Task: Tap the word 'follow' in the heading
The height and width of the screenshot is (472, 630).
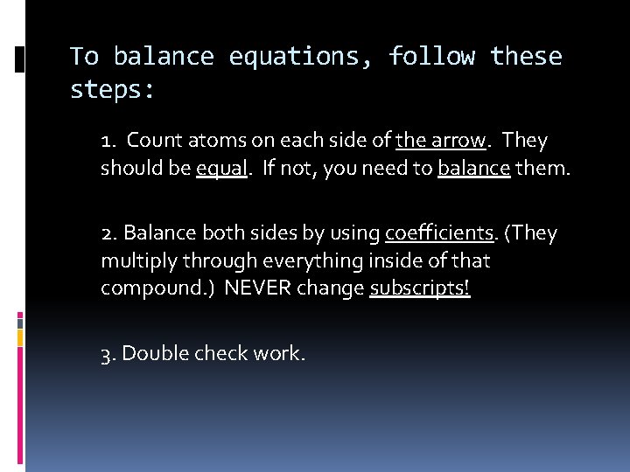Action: tap(432, 58)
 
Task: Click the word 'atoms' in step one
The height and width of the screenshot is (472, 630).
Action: tap(209, 141)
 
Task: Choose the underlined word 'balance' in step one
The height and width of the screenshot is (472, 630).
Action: tap(474, 169)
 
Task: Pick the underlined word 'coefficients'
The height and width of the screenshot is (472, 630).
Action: tap(439, 234)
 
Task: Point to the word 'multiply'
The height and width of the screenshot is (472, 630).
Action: tap(134, 261)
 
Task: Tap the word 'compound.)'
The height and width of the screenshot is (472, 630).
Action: tap(157, 289)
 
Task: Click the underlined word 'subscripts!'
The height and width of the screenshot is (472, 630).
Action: tap(420, 289)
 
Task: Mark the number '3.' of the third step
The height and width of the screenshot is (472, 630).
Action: tap(108, 354)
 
